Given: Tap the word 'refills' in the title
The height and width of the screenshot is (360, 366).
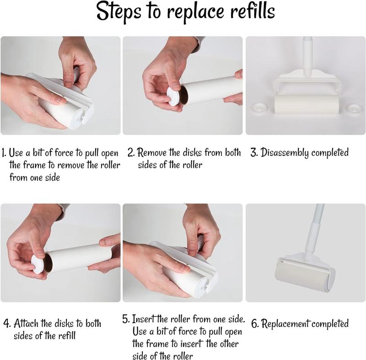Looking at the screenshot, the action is click(x=253, y=11).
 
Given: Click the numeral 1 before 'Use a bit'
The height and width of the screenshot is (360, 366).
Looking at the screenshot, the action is click(x=3, y=153).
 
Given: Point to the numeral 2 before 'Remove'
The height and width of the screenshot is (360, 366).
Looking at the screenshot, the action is click(x=131, y=153).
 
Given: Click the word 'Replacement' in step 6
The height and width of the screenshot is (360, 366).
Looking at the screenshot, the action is click(x=285, y=323).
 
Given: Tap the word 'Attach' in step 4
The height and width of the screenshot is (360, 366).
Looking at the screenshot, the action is click(x=26, y=323).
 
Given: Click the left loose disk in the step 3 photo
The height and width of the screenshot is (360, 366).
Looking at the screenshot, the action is click(x=259, y=108).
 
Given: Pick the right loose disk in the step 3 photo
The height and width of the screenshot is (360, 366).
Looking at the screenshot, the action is click(x=355, y=108).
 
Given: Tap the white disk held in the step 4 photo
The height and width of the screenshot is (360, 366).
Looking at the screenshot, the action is click(x=39, y=264).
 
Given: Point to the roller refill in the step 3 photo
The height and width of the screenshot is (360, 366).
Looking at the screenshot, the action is click(x=307, y=104).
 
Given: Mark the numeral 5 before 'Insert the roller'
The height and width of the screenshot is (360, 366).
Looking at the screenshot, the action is click(x=125, y=319).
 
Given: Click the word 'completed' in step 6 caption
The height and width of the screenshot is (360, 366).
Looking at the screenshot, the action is click(x=330, y=323).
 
